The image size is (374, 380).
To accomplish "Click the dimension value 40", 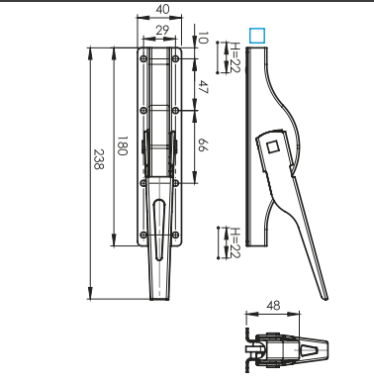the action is click(x=162, y=9).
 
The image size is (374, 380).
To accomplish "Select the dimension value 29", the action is click(x=162, y=31).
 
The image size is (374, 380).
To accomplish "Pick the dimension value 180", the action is click(x=123, y=145).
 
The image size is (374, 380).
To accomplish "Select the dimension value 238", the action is click(x=98, y=159).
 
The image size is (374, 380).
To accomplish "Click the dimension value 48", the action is click(x=273, y=306).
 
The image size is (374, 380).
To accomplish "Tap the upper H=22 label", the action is click(x=235, y=57).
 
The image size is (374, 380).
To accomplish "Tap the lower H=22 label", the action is click(x=235, y=242).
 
